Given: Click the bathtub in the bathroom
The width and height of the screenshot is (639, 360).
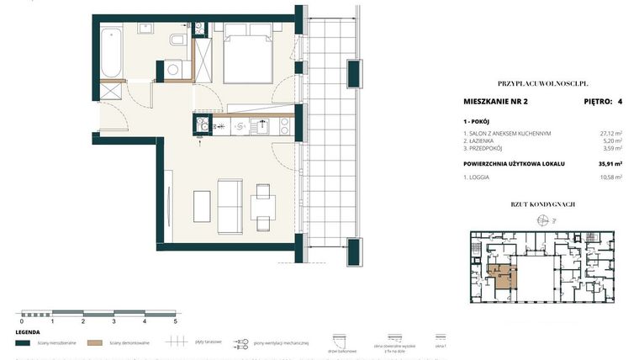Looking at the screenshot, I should click(110, 51).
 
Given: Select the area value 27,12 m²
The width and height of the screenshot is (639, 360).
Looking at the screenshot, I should click(609, 133).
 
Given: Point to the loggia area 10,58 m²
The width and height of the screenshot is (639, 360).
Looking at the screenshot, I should click(609, 178).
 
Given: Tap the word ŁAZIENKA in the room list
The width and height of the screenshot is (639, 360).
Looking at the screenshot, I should click(485, 141).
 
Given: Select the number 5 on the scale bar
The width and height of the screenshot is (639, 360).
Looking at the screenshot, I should click(175, 321).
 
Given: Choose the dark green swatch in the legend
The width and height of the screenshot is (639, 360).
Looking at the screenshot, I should click(23, 342).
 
